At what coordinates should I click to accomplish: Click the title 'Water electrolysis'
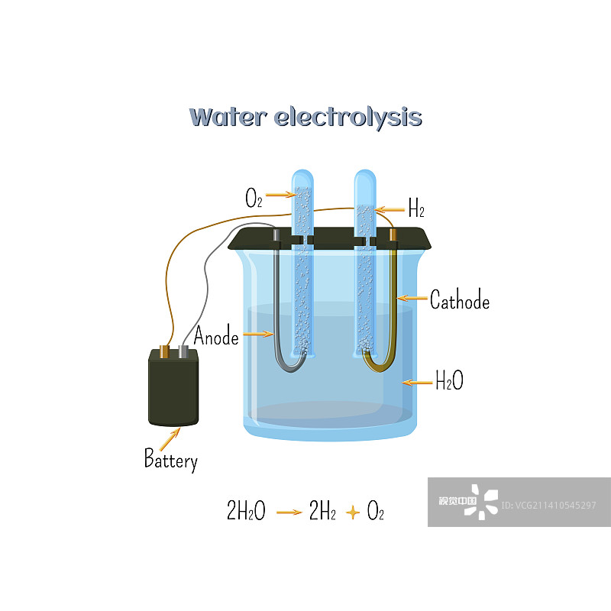click(305, 117)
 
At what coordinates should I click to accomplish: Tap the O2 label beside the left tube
click(254, 199)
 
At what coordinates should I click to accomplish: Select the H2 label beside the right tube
click(416, 209)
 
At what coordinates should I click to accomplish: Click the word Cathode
click(459, 301)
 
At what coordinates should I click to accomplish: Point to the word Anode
click(216, 336)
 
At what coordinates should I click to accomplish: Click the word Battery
click(171, 461)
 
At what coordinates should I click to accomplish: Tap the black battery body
click(173, 390)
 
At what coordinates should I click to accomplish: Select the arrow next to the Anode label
click(259, 334)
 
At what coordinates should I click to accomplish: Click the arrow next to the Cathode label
click(412, 298)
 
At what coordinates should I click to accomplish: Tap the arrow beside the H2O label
click(417, 382)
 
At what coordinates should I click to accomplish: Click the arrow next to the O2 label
click(280, 196)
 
